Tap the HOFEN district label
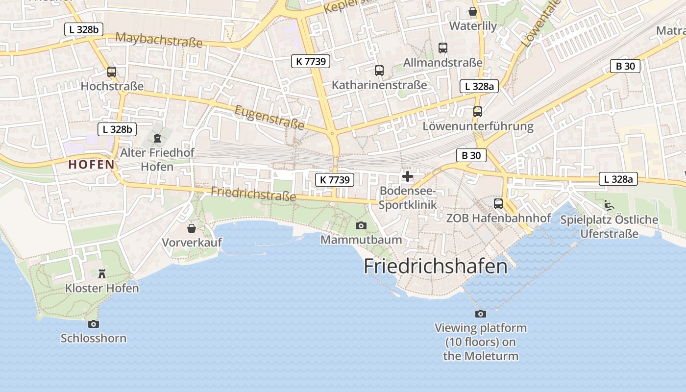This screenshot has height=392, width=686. [92, 165]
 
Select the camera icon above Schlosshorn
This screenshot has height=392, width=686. [93, 324]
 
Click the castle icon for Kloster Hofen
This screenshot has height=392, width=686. [102, 273]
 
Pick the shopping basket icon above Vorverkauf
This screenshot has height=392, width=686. [192, 228]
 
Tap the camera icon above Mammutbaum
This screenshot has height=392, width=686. [361, 225]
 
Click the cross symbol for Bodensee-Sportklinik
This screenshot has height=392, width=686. [407, 176]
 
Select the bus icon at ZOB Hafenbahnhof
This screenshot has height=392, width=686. [498, 203]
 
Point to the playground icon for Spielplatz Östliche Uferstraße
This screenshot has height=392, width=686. [609, 205]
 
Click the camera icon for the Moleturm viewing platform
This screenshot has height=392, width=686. [480, 314]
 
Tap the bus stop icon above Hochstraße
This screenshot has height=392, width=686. [112, 72]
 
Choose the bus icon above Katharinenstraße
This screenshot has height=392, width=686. [379, 71]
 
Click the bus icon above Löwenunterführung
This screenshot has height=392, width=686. [478, 112]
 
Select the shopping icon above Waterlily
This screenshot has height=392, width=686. [473, 11]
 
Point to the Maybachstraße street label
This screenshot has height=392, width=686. [159, 40]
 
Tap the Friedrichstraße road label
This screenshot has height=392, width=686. [253, 194]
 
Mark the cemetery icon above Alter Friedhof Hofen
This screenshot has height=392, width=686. [157, 138]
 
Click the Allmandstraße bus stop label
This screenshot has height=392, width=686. [442, 63]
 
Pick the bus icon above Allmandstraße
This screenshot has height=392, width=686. [443, 48]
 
